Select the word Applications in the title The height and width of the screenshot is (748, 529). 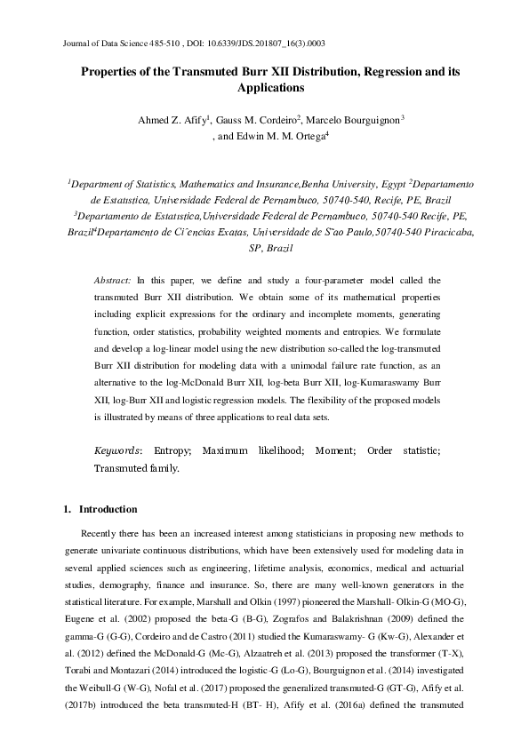[270, 88]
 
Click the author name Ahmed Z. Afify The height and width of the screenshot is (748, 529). [169, 119]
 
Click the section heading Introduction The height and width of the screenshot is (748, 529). [108, 510]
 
